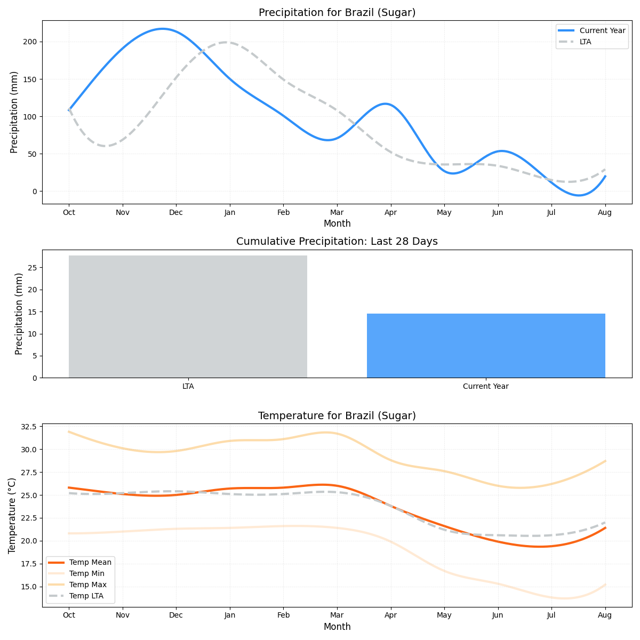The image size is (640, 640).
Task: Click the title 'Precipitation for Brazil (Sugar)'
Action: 337,13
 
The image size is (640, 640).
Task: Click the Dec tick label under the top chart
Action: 176,212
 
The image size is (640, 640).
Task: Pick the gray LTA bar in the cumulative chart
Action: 188,316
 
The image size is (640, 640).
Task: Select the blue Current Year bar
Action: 486,346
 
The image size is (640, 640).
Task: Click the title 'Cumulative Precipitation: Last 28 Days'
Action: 337,242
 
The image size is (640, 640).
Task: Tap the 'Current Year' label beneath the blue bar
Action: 486,386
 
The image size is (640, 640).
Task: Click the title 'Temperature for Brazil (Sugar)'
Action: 337,416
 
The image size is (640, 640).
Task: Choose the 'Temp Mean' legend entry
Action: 90,562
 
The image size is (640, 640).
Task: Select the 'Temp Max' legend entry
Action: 88,585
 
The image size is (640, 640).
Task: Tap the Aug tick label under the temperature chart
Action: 605,615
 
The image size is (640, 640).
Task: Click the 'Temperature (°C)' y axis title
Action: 12,515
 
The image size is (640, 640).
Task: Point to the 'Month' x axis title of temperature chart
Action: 337,627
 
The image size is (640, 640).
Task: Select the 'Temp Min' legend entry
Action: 87,573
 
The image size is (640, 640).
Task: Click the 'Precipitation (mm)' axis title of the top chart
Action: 14,112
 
